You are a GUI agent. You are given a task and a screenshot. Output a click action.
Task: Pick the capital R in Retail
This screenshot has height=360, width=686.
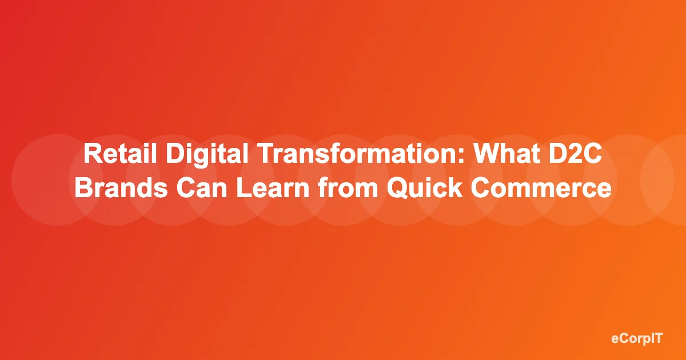(x=91, y=156)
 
